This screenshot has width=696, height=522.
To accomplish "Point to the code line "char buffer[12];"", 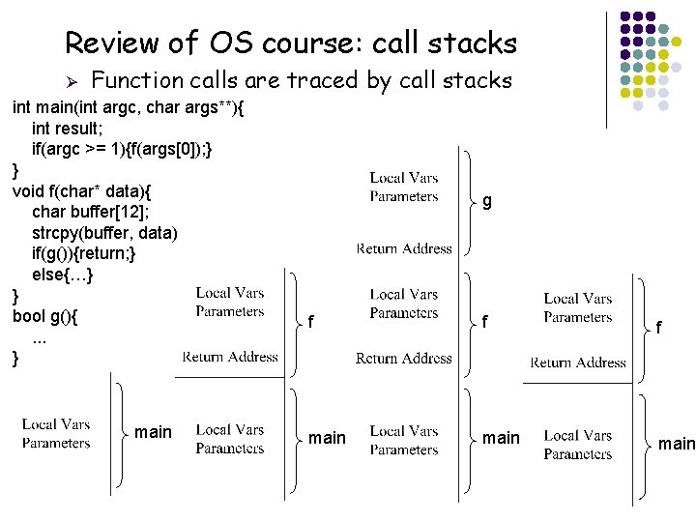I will pos(89,212).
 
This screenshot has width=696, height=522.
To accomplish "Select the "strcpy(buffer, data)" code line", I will pos(104,233).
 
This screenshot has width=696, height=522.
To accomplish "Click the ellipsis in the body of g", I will pos(40,337).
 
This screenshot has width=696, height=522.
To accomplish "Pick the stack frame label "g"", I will pos(487,201).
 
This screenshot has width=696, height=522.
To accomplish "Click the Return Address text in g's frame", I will pos(404,248).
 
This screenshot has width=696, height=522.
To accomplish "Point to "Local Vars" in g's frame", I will pos(404,178).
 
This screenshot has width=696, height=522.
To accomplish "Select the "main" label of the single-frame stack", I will pos(153,432).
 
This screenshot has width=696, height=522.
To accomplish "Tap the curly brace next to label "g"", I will pos(468,201).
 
